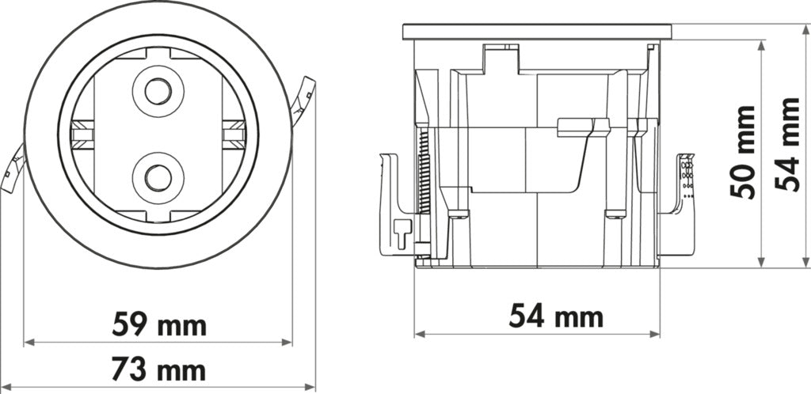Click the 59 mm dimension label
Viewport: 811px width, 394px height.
(158, 324)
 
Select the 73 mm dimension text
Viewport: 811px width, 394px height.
(158, 369)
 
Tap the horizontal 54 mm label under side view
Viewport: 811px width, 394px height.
(555, 317)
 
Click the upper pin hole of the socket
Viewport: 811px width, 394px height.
(158, 92)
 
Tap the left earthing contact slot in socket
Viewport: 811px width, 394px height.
(80, 134)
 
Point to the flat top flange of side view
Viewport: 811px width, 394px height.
(537, 32)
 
